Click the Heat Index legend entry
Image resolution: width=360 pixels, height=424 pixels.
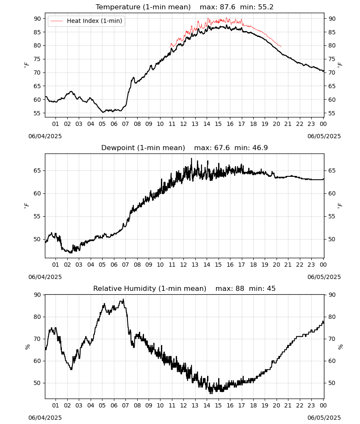pyautogui.click(x=86, y=21)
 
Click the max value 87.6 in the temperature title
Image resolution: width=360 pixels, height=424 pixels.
pyautogui.click(x=228, y=7)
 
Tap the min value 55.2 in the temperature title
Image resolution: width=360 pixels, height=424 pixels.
pyautogui.click(x=266, y=7)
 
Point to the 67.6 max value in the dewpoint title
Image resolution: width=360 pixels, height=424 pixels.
pyautogui.click(x=222, y=148)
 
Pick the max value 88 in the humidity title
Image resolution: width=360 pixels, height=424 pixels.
pyautogui.click(x=240, y=288)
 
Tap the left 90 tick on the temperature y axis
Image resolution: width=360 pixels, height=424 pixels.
pyautogui.click(x=38, y=19)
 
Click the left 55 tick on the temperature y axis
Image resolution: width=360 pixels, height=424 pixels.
pyautogui.click(x=38, y=113)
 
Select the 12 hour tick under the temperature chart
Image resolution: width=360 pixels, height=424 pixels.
pyautogui.click(x=183, y=124)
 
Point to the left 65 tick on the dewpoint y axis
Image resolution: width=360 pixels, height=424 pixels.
pyautogui.click(x=38, y=170)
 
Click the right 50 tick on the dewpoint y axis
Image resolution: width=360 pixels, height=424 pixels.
pyautogui.click(x=332, y=239)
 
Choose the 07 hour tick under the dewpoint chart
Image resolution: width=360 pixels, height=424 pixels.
pyautogui.click(x=125, y=265)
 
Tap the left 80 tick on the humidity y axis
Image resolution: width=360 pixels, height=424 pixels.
pyautogui.click(x=38, y=317)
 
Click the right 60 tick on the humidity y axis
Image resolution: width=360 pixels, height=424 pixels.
pyautogui.click(x=332, y=361)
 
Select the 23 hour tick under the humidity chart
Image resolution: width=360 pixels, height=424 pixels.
pyautogui.click(x=311, y=406)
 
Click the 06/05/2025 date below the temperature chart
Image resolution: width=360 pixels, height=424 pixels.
pyautogui.click(x=324, y=136)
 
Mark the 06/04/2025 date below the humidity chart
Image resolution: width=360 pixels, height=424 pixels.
pyautogui.click(x=45, y=418)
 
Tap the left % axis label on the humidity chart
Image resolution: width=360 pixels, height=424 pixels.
pyautogui.click(x=28, y=347)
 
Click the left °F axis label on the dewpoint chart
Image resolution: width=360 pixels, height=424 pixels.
pyautogui.click(x=26, y=206)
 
